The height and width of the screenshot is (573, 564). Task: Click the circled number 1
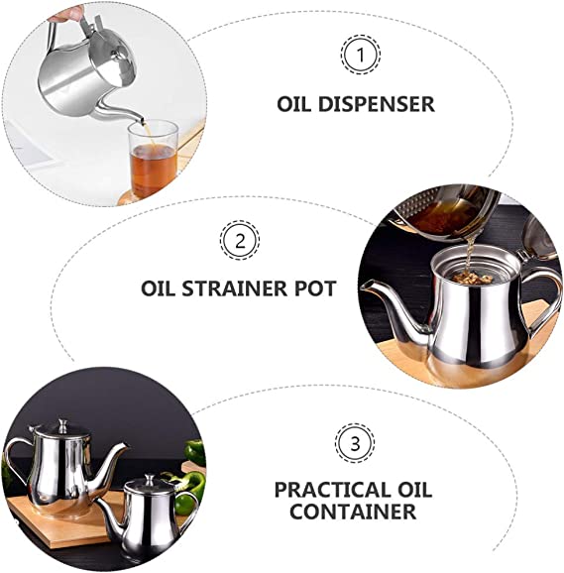pos(360,55)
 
